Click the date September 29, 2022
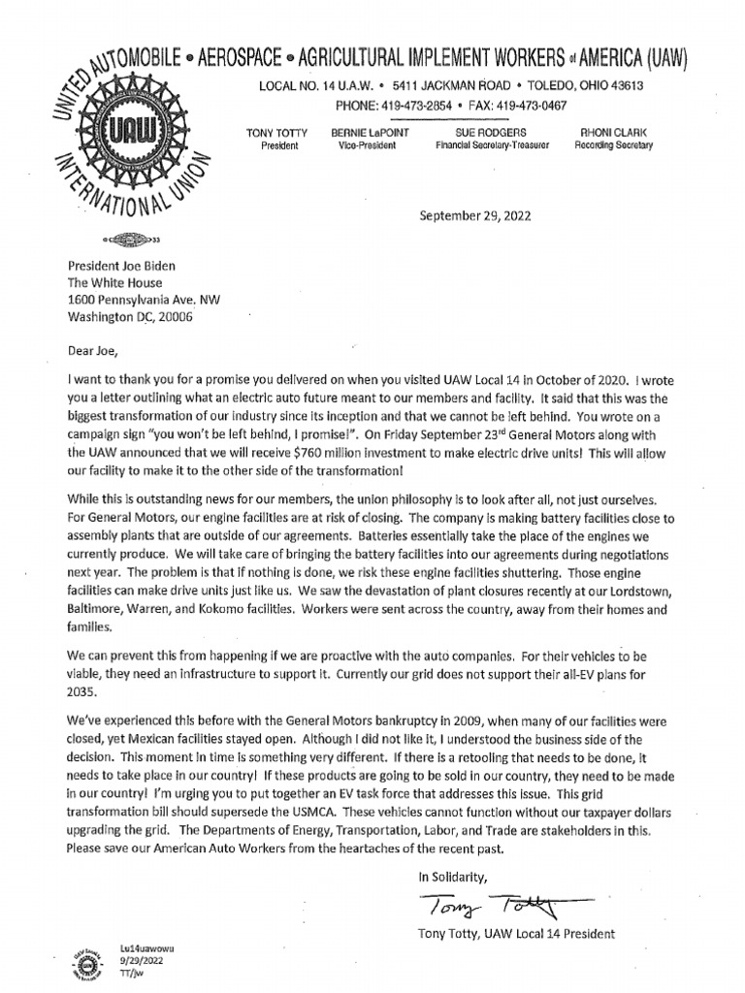tap(475, 216)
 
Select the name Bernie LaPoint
tap(356, 131)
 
